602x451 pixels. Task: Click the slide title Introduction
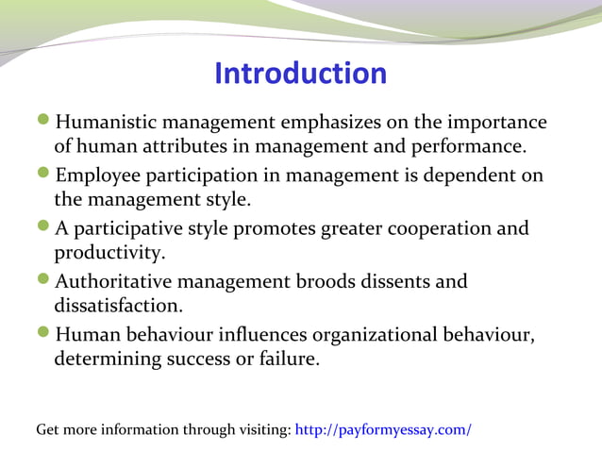point(300,73)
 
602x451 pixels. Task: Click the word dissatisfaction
point(117,306)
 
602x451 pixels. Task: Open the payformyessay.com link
point(383,430)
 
